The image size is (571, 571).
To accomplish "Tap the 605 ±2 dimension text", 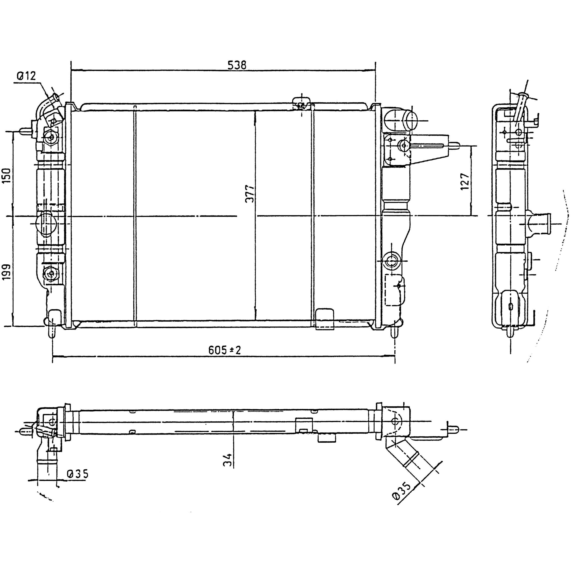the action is (x=225, y=350).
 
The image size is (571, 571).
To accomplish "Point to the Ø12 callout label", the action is (x=26, y=76).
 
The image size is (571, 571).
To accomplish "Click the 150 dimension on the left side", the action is (x=6, y=175).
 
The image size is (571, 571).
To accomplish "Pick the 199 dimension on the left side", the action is (x=6, y=272).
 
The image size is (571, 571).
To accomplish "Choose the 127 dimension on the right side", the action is (x=465, y=181).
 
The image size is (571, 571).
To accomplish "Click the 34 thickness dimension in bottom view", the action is (x=227, y=460).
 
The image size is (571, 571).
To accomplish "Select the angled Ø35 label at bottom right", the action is (x=402, y=491).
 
